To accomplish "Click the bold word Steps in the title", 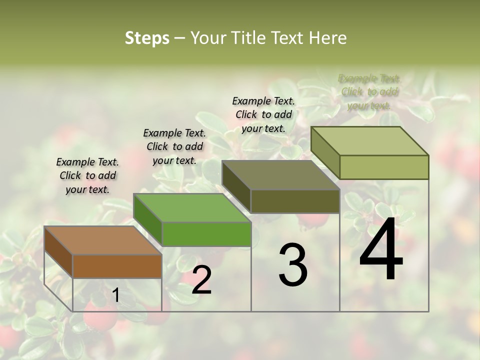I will (147, 38).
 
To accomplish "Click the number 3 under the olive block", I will (293, 265).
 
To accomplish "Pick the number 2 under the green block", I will (201, 280).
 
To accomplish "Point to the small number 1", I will (115, 295).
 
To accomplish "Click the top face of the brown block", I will (102, 240).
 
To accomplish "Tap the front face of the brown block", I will (117, 266).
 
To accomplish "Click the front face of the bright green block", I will (206, 234).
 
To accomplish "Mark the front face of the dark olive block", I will (295, 201).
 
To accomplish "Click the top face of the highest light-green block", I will (369, 141).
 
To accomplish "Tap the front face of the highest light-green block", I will (384, 167).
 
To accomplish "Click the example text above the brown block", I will (87, 175).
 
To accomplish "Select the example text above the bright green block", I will (174, 146).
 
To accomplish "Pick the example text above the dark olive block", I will (263, 114).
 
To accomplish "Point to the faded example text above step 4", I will (369, 92).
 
